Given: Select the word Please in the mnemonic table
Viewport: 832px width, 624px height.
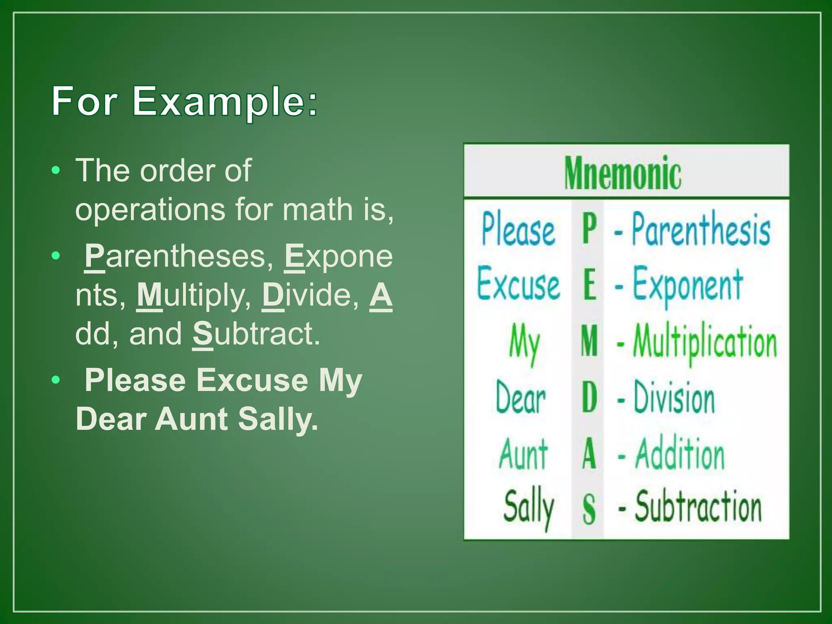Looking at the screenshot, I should pos(518,230).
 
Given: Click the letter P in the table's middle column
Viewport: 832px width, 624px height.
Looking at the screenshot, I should pos(589,229).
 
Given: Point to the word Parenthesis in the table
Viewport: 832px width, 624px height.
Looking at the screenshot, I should pos(701,230).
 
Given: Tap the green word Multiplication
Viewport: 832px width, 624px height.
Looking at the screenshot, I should pos(705,342).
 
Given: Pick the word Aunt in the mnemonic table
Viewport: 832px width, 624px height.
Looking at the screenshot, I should pos(523,454).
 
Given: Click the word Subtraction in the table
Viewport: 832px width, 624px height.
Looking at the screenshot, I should pos(698,507).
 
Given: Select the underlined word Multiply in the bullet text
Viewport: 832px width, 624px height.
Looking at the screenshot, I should pos(194,295).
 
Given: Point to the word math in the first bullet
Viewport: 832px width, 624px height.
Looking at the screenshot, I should pos(317,210).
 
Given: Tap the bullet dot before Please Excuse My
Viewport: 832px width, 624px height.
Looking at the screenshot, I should pos(56,380).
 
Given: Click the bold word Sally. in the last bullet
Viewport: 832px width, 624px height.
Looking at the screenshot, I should pos(278,419).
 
